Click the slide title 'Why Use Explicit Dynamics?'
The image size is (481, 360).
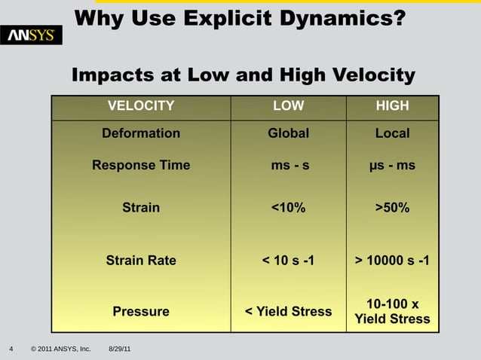click(240, 17)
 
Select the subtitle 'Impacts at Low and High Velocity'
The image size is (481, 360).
click(243, 75)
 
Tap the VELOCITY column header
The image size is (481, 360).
click(141, 106)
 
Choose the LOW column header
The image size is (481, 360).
click(288, 106)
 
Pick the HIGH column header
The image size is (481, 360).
click(392, 106)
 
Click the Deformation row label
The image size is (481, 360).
click(141, 133)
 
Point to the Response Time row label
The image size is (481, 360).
click(141, 165)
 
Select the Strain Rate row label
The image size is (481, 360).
click(141, 261)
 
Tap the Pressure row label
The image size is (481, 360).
click(141, 311)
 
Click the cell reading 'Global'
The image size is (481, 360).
click(288, 133)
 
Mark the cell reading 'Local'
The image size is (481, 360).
click(392, 133)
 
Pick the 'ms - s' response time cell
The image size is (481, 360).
click(290, 165)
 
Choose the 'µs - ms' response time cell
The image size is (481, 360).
click(392, 165)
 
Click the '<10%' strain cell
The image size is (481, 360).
click(288, 208)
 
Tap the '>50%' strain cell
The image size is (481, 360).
click(392, 208)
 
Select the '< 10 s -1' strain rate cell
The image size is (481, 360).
click(288, 261)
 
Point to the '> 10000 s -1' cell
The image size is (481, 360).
click(392, 261)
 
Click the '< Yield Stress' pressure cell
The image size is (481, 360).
click(288, 311)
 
